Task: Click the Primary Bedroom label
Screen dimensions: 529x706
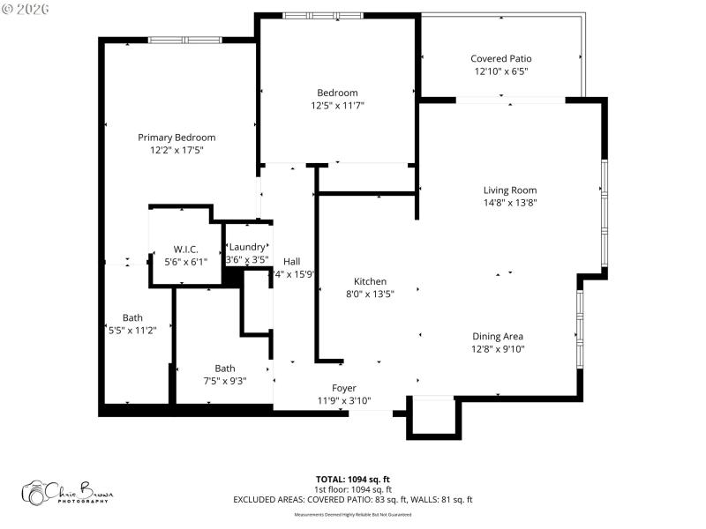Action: coord(176,138)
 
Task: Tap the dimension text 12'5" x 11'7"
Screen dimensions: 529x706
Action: coord(337,106)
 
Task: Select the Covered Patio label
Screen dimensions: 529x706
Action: coord(501,58)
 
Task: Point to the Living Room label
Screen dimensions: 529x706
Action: coord(509,190)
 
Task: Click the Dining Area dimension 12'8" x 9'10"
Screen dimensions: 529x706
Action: coord(498,349)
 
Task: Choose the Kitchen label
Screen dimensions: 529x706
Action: coord(370,281)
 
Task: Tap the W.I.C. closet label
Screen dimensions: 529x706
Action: coord(185,249)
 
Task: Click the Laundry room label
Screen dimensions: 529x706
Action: coord(246,248)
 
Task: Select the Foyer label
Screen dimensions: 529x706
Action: coord(344,388)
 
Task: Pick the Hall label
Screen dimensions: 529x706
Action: coord(291,261)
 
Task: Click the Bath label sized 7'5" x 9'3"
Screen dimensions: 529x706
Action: coord(225,369)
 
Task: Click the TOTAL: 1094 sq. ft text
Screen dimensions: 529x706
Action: coord(353,479)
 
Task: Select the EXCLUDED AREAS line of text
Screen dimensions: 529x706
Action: coord(353,500)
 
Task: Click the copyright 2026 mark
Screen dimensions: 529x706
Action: coord(26,9)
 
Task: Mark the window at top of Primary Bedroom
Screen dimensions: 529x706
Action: coord(184,39)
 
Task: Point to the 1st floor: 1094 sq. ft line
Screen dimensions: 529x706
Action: coord(353,489)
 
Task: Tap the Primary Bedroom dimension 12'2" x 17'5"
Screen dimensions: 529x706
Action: coord(176,151)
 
